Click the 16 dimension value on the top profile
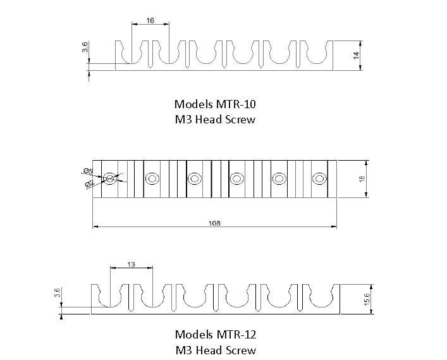150,20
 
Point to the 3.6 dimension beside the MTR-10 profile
85,47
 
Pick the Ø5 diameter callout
87,171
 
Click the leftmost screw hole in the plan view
110,179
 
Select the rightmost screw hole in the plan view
319,179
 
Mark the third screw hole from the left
194,179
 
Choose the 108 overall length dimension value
215,223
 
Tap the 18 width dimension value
362,179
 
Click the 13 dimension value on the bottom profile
131,264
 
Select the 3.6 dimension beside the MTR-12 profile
57,293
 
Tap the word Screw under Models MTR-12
241,350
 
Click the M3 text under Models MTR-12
183,350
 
